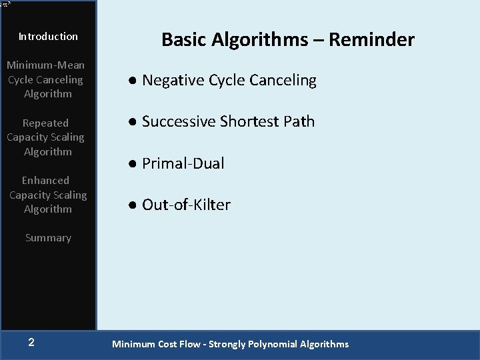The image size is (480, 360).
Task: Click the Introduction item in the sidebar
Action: (x=48, y=37)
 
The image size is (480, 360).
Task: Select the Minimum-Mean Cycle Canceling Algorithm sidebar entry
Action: (x=45, y=79)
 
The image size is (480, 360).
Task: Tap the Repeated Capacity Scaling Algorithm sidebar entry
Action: (x=45, y=137)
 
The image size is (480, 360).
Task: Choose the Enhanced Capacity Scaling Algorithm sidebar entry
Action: (x=48, y=195)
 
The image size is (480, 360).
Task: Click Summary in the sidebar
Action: (x=48, y=238)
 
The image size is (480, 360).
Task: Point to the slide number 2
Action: (x=31, y=343)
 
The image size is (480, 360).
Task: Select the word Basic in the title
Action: (x=184, y=40)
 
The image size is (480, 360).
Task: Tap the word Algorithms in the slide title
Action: (x=261, y=40)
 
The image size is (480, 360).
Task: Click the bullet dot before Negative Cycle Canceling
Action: (x=133, y=81)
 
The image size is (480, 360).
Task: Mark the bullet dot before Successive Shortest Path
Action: (x=133, y=122)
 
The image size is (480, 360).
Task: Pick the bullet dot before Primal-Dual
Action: (x=133, y=164)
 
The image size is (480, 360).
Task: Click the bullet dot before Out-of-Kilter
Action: (x=133, y=205)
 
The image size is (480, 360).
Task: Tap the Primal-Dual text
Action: (x=183, y=164)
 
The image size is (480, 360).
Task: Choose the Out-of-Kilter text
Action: (x=187, y=205)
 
